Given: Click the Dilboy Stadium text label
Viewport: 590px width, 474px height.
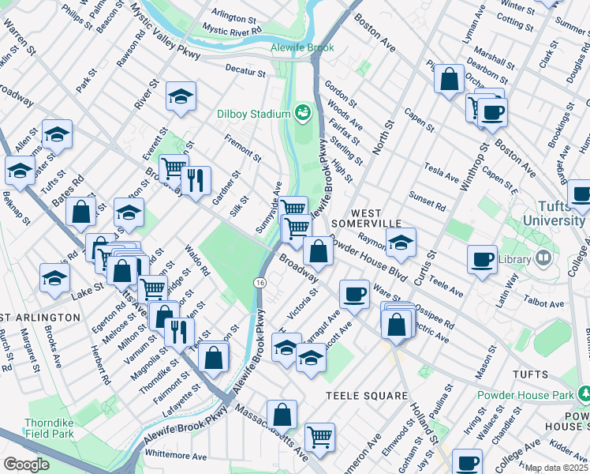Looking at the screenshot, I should point(254,115).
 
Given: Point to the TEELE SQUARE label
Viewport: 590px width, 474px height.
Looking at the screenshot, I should point(367,395).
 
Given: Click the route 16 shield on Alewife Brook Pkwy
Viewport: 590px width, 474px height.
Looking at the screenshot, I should point(260,282).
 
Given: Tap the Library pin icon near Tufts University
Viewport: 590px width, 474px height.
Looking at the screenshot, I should point(543,258).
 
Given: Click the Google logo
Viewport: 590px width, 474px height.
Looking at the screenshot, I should point(26,465).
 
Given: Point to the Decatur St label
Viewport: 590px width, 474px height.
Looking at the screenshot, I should point(245,72).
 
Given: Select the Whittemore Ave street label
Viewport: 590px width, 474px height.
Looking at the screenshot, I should point(174,457).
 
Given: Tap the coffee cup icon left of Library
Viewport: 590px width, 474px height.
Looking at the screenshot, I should point(482,259).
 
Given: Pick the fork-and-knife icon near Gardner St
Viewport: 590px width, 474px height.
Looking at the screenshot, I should point(196,180).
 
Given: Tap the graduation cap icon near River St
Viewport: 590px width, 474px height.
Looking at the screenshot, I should point(181,97).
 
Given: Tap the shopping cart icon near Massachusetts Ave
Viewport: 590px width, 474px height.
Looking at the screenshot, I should point(319,436).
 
